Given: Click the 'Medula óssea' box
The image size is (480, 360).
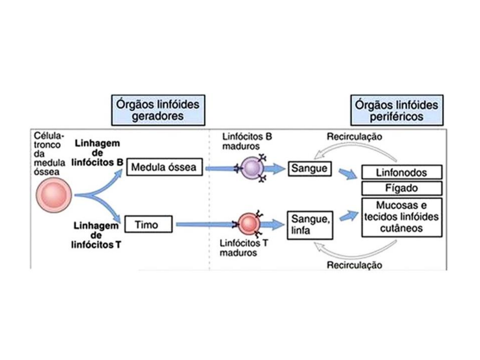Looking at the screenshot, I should (164, 167).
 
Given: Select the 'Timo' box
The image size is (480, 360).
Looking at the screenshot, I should (148, 224).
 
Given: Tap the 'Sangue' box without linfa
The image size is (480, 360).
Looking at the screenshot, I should (309, 169).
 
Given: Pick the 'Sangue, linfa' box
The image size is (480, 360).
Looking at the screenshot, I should (310, 225).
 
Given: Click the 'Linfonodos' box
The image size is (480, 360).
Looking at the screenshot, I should (402, 172).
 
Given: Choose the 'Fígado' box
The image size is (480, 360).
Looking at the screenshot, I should (402, 188).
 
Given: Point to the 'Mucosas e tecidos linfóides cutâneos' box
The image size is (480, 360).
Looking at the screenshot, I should (402, 217).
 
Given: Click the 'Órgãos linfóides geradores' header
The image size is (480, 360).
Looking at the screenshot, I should (158, 110).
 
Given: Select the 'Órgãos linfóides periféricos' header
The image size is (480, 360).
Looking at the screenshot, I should (397, 110).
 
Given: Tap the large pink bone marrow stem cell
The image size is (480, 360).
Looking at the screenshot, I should (54, 195).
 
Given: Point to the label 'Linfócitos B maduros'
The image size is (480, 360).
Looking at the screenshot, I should (247, 141).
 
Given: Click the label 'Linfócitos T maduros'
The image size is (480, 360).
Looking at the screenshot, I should (243, 248).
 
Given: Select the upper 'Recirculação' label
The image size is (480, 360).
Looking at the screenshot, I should (354, 137).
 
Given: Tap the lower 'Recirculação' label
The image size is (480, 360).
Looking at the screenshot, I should (354, 265).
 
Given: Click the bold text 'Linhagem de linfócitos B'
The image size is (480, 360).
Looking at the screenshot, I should (97, 153).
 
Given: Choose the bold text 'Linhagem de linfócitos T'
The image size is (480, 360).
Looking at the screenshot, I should (96, 235).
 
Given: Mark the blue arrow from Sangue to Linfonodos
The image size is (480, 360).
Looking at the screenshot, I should (348, 174).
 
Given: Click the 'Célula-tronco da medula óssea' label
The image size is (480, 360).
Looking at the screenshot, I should (49, 154).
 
